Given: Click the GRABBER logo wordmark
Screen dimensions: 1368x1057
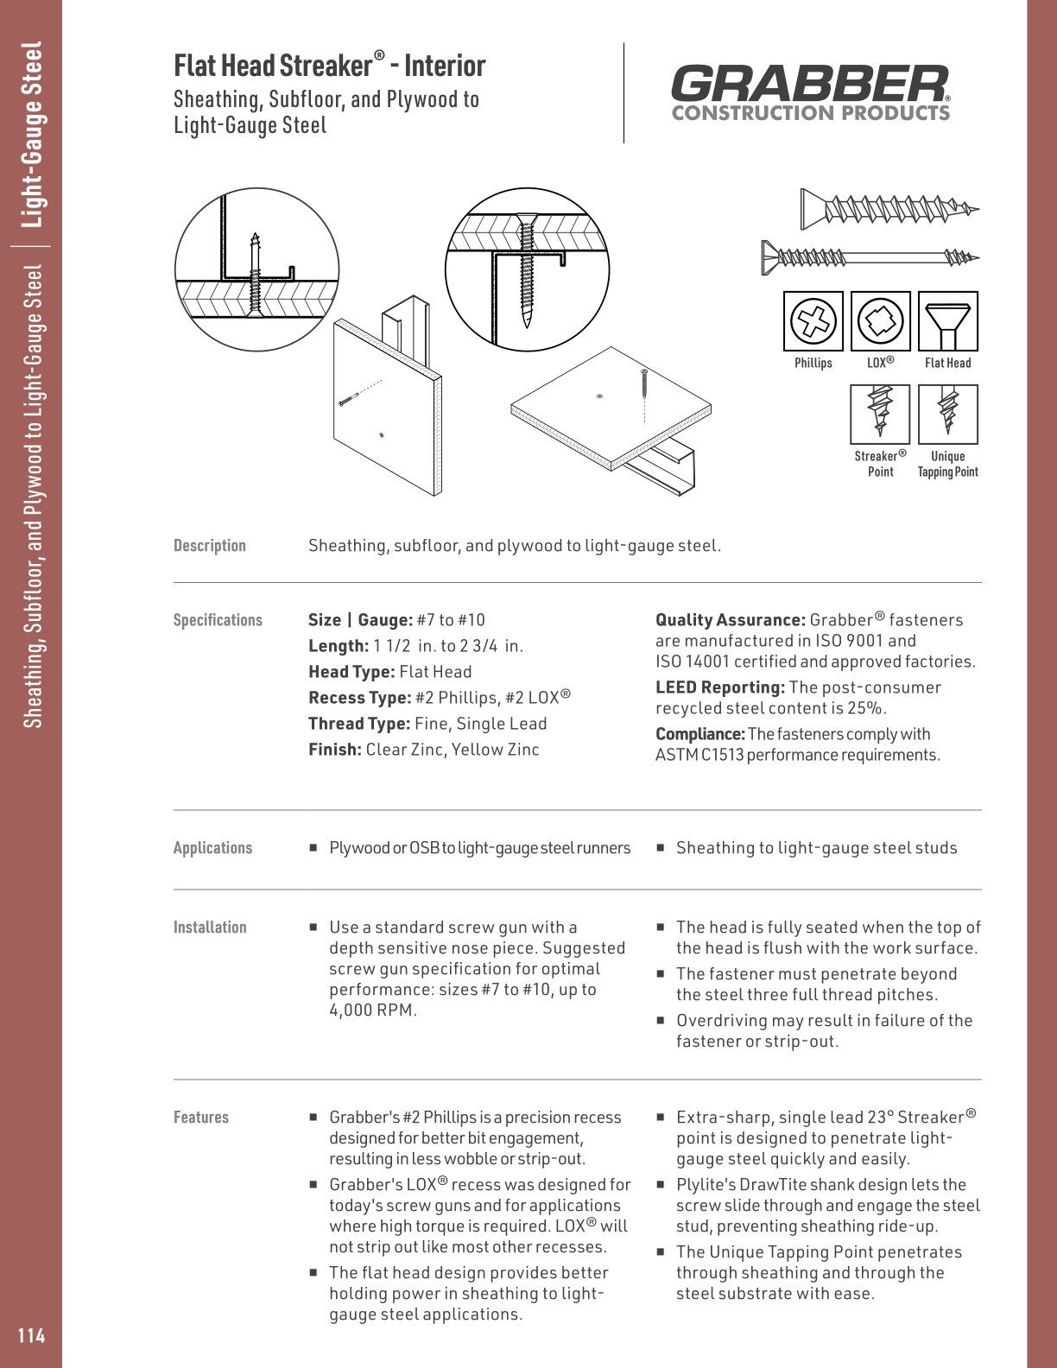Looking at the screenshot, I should [x=809, y=84].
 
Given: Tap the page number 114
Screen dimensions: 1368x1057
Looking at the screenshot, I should [x=31, y=1335].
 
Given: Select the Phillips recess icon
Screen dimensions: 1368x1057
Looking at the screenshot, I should [x=813, y=321].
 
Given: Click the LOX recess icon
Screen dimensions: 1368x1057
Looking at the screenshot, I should [x=880, y=321].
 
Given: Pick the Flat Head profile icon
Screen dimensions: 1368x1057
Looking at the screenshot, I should [x=947, y=321].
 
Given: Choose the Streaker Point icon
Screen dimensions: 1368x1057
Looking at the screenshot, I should [x=880, y=414].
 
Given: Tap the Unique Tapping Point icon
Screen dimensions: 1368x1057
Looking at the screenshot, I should [x=947, y=414].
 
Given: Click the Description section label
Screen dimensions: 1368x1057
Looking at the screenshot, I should [x=210, y=546].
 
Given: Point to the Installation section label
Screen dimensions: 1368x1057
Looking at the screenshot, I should [x=210, y=928].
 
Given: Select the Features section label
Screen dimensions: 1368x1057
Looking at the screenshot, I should [x=201, y=1118].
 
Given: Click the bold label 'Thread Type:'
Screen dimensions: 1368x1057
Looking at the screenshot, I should [x=359, y=724].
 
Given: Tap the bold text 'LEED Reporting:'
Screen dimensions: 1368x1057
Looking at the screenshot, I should [x=720, y=687].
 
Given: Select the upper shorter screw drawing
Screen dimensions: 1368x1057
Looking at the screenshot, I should [x=889, y=209].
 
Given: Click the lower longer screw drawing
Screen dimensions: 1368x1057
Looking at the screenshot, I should [x=869, y=256].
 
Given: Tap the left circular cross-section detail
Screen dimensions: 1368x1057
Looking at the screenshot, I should [x=257, y=269].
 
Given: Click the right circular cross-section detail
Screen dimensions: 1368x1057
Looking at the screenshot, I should [x=527, y=269].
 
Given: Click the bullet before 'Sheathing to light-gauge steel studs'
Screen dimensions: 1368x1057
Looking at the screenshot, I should [x=660, y=848].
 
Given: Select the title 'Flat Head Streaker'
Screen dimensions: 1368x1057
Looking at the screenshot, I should [x=272, y=66].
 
